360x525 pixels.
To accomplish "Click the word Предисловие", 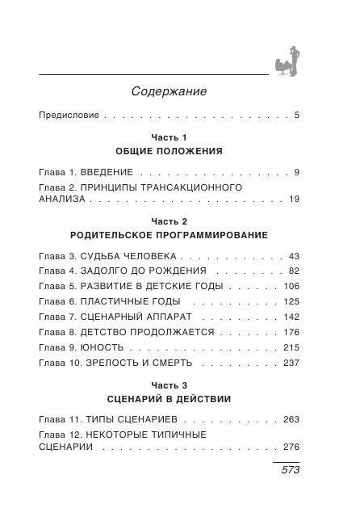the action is (69, 115).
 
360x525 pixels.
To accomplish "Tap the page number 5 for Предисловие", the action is (297, 115).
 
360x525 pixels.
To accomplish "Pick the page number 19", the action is (293, 199).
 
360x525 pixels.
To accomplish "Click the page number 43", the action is (293, 255).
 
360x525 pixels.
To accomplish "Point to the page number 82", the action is (293, 270).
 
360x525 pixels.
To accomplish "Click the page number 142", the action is (291, 316).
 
